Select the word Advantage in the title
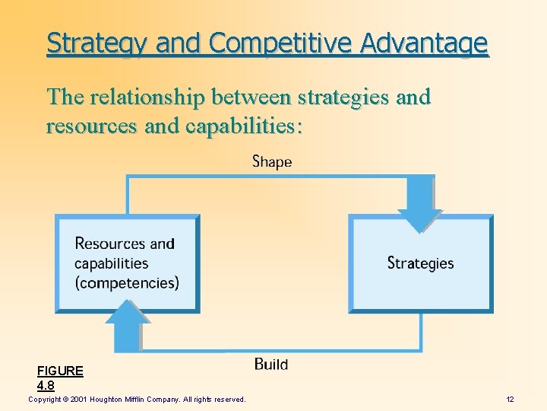coord(425,43)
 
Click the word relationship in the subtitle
coord(149,97)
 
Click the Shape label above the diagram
coord(271,161)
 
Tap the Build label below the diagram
coord(271,365)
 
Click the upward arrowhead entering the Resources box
coord(127,320)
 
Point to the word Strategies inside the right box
coord(420,263)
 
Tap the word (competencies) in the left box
coord(127,283)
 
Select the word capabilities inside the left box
coord(111,263)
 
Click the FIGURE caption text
coord(60,371)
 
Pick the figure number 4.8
coord(46,385)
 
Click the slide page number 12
coord(510,400)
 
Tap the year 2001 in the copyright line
coord(79,400)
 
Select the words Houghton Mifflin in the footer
coord(125,400)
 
